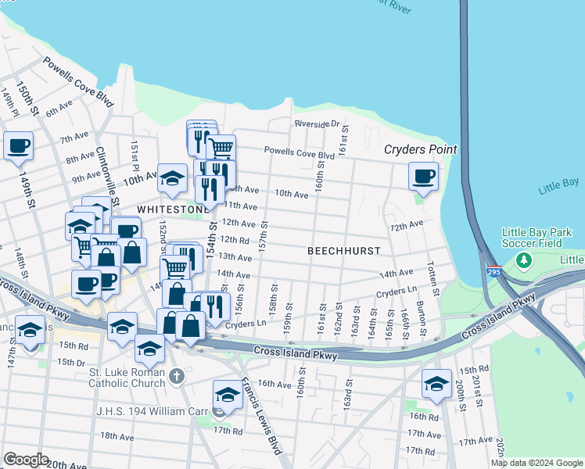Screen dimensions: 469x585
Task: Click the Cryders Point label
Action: coord(420,149)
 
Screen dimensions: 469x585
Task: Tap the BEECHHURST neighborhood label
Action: coord(343,251)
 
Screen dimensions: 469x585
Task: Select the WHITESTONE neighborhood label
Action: coord(173,210)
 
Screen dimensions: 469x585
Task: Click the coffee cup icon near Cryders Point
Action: coord(424,176)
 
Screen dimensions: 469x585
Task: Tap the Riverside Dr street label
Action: coord(317,124)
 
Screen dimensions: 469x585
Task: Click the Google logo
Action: coord(26,460)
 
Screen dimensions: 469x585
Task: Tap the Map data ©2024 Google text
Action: coord(537,463)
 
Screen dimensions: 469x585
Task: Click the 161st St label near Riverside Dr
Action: coord(342,142)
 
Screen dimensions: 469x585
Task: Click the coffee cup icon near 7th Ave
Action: coord(18,145)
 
